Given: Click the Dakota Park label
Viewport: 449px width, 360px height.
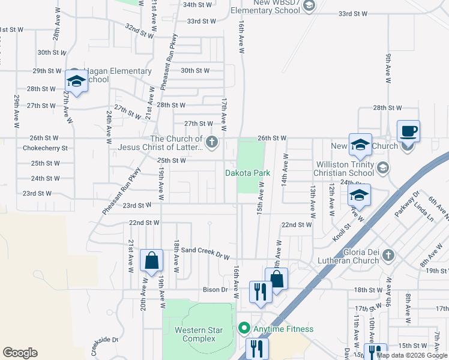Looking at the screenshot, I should click(x=248, y=173).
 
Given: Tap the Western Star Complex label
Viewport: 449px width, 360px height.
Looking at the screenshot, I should click(x=195, y=334).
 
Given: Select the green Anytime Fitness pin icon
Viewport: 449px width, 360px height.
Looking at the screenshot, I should click(x=244, y=328).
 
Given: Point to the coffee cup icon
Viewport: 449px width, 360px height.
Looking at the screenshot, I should click(x=409, y=130).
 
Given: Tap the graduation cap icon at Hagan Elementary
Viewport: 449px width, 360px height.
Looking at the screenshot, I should click(x=76, y=80).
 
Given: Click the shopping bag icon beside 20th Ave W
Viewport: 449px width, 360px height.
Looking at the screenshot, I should click(x=151, y=260).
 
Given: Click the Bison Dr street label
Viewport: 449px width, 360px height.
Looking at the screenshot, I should click(x=215, y=289).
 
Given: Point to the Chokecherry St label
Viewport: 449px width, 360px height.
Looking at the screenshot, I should click(x=46, y=148).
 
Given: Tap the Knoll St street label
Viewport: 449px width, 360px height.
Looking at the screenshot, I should click(x=342, y=233).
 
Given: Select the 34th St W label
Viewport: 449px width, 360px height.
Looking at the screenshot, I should click(x=198, y=5).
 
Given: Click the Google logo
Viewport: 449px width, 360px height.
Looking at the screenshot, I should click(x=20, y=353).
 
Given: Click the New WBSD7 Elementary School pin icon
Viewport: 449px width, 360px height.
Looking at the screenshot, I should click(x=309, y=6).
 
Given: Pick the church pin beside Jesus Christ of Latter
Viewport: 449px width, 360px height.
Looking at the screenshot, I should click(x=211, y=142).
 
